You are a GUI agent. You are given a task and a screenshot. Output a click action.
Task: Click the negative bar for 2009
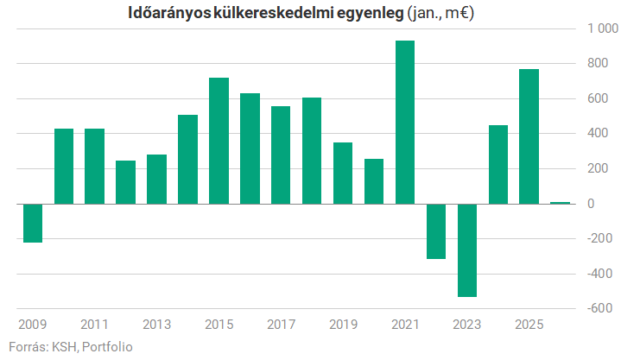click(x=33, y=223)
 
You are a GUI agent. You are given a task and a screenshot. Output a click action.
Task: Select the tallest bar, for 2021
click(x=405, y=122)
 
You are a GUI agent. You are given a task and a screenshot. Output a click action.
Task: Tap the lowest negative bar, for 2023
click(x=467, y=249)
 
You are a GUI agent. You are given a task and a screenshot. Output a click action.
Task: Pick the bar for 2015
click(x=219, y=141)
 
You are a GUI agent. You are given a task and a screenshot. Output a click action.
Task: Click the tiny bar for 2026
click(x=560, y=203)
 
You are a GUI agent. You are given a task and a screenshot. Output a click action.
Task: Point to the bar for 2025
click(x=529, y=136)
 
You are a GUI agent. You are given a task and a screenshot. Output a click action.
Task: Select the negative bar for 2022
click(x=436, y=231)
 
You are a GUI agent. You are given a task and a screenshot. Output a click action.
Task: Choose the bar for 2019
click(x=343, y=173)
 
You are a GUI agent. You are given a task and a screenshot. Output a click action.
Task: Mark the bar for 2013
click(x=157, y=179)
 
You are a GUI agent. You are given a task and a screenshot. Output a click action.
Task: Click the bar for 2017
click(x=281, y=155)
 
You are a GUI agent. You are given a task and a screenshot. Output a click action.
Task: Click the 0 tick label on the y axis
click(x=592, y=204)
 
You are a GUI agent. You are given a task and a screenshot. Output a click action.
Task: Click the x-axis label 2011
click(x=94, y=325)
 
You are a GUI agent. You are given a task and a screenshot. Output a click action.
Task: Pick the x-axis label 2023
click(x=467, y=325)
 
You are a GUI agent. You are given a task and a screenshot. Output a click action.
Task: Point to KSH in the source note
click(x=64, y=347)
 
